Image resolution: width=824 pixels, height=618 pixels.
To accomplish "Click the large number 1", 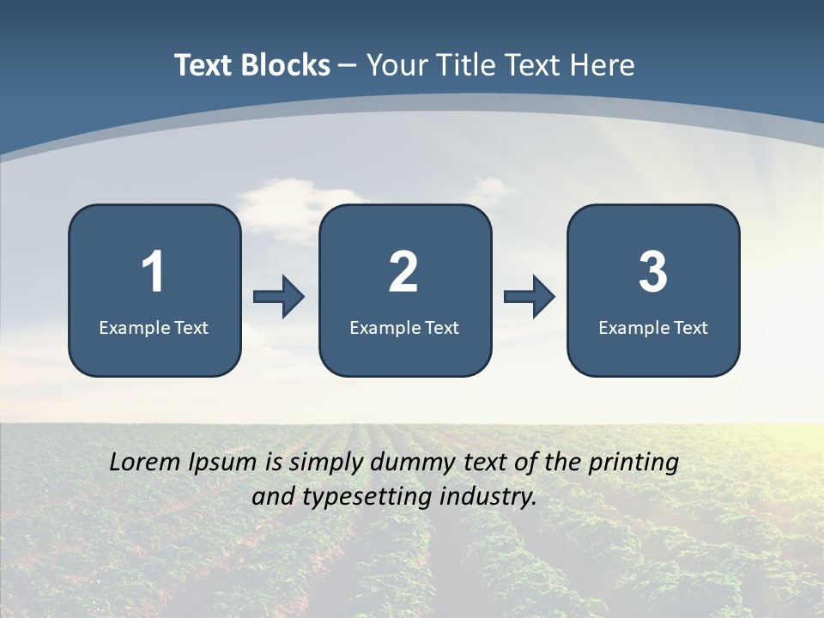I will [154, 272].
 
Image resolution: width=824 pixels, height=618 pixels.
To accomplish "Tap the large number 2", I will [403, 272].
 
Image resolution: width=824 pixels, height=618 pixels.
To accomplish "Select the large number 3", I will [653, 272].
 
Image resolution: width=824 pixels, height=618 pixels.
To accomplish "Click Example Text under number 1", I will [154, 327].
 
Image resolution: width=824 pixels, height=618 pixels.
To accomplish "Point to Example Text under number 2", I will [404, 327].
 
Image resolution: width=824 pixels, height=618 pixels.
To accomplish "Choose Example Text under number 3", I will [653, 327].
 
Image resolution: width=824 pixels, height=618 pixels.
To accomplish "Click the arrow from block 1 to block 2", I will [279, 297].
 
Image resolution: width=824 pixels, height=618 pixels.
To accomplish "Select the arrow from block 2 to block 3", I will [530, 297].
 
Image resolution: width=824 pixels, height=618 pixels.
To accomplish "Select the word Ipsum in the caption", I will [223, 463].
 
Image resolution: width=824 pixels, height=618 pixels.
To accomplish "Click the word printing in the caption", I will [633, 463].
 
